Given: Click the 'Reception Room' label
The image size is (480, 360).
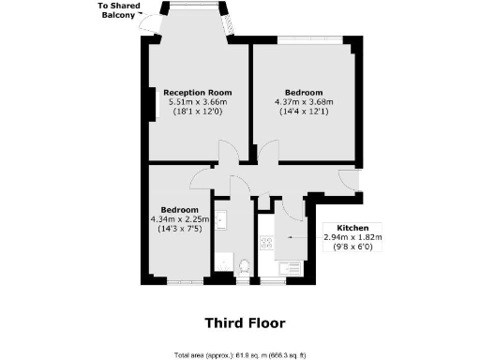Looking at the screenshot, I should tap(197, 92).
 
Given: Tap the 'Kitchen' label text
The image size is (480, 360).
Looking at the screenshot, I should tap(352, 228).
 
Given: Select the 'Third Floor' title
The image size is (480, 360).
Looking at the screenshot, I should tap(245, 323).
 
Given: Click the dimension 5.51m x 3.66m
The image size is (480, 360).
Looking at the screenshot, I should tap(198, 101).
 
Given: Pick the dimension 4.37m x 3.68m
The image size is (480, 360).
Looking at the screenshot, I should tap(304, 101).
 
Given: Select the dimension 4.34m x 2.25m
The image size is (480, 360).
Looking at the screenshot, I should tap(178, 218).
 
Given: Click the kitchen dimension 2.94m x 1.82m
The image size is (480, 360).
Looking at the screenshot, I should tap(352, 237).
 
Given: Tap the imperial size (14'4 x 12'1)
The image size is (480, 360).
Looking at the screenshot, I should tap(304, 112).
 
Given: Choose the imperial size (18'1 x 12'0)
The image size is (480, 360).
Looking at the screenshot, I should tap(198, 112).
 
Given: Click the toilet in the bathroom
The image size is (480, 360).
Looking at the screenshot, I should tap(244, 266).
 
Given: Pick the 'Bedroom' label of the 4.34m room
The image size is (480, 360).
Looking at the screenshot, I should tap(178, 208).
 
